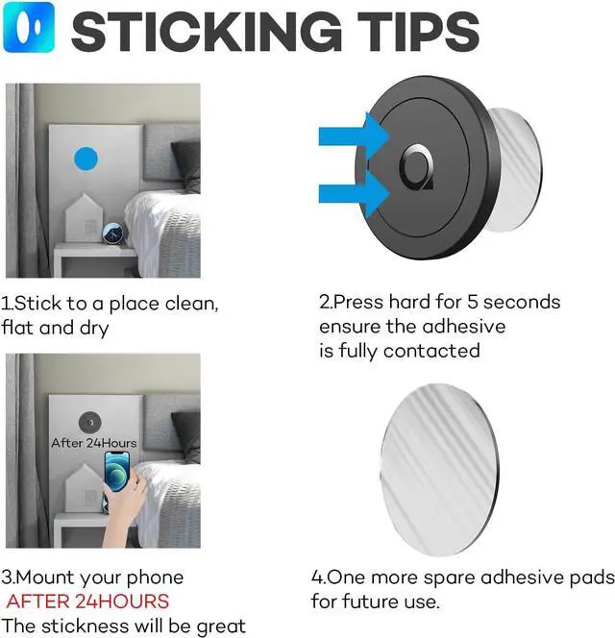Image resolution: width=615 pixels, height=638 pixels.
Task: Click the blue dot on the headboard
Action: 86,159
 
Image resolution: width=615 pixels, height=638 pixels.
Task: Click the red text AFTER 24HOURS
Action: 87,602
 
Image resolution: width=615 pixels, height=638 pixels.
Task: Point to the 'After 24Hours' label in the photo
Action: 93,443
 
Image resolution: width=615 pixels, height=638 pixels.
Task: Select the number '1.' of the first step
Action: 8,304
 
